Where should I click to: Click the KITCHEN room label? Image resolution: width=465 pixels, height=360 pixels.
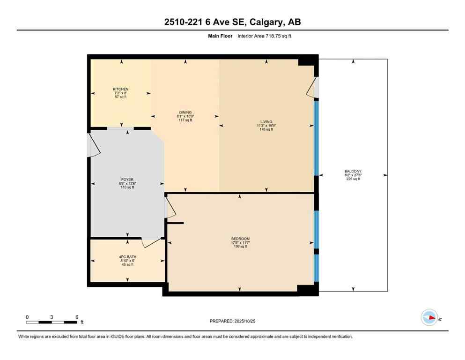[x=120, y=89]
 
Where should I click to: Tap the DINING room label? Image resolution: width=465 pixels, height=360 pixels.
[x=185, y=112]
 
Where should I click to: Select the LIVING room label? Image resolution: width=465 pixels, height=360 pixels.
[x=266, y=121]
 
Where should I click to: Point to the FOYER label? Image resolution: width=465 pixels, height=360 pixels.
[x=127, y=179]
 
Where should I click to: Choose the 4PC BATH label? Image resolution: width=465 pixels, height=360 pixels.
[x=127, y=257]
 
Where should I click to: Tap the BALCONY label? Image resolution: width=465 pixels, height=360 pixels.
[x=354, y=171]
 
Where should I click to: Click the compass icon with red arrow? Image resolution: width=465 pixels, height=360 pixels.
[x=429, y=317]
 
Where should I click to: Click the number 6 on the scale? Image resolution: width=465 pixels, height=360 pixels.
[x=76, y=317]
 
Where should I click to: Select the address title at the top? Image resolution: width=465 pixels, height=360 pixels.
[x=232, y=22]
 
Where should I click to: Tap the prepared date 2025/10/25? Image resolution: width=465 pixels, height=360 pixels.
[x=232, y=321]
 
